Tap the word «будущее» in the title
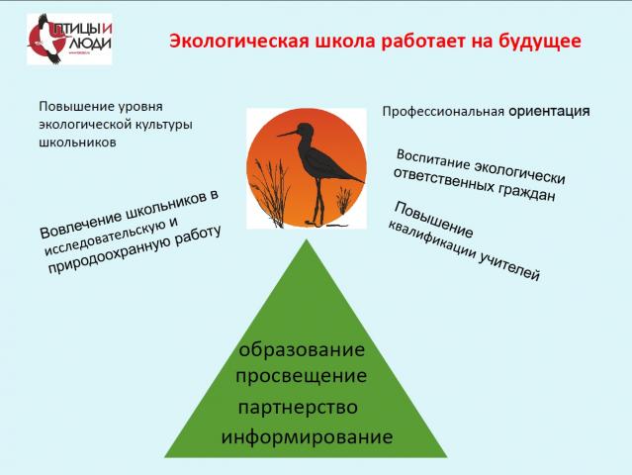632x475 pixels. (540, 42)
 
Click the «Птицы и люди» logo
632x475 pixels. (69, 40)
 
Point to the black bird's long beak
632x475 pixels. (287, 134)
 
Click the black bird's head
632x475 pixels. (305, 130)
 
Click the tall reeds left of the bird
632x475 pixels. (270, 193)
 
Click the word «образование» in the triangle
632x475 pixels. (302, 349)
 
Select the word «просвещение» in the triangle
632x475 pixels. (301, 377)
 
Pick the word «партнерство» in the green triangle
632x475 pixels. (298, 408)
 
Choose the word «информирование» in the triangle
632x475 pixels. (307, 437)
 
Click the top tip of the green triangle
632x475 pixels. (307, 239)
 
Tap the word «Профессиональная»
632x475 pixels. (443, 112)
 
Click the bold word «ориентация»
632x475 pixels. (549, 111)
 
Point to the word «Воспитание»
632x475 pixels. (433, 159)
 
